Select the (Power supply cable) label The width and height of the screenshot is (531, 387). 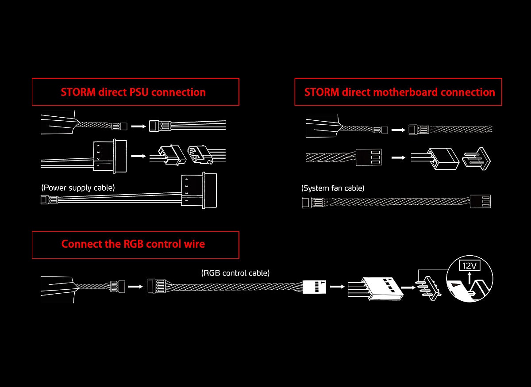78,188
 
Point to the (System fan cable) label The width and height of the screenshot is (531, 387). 333,188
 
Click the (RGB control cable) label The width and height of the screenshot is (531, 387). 235,273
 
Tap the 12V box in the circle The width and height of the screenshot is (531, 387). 469,266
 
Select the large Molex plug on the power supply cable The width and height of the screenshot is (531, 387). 199,190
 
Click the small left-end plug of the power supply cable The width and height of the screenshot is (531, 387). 45,200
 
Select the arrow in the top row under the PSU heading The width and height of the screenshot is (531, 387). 139,126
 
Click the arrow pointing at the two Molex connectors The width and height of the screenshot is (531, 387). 139,156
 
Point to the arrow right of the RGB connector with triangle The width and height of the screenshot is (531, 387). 337,286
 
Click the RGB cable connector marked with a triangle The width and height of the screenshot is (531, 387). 314,286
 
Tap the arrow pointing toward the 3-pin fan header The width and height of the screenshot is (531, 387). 398,157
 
